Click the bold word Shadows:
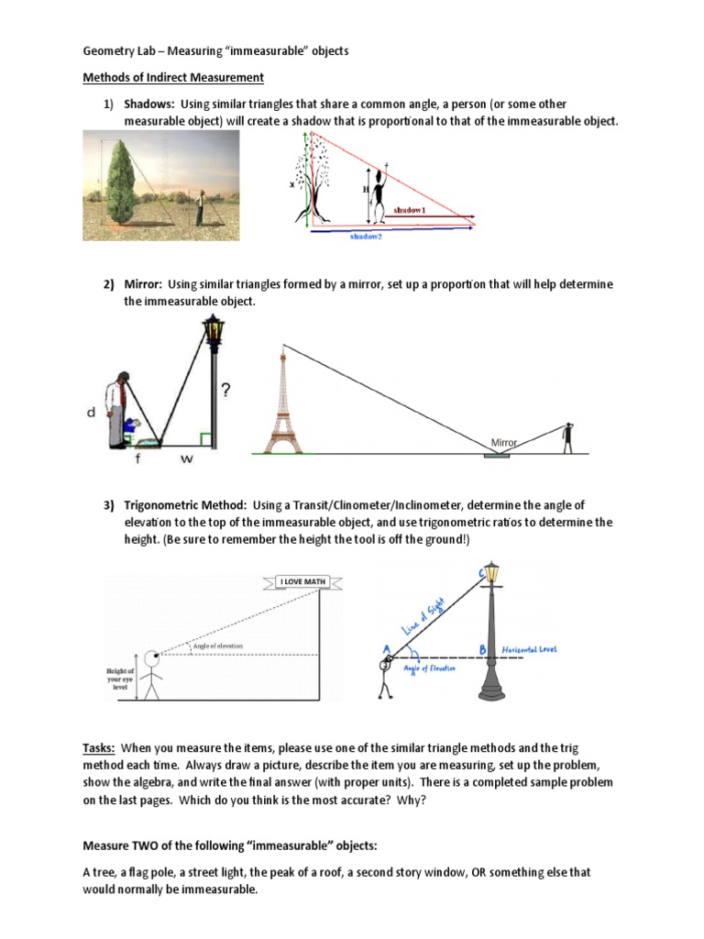pyautogui.click(x=149, y=105)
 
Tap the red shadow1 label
pyautogui.click(x=410, y=210)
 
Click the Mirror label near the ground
pyautogui.click(x=504, y=442)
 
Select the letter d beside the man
pyautogui.click(x=91, y=413)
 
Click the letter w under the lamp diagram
pyautogui.click(x=186, y=459)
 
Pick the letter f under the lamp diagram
pyautogui.click(x=138, y=459)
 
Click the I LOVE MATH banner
pyautogui.click(x=302, y=581)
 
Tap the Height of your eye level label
pyautogui.click(x=119, y=682)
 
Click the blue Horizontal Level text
pyautogui.click(x=529, y=649)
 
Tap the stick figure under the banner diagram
pyautogui.click(x=153, y=677)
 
